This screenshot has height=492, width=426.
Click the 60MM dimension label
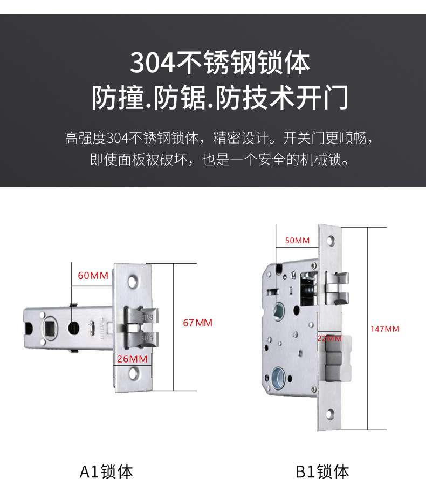[x=93, y=276]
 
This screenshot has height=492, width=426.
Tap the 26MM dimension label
[x=132, y=359]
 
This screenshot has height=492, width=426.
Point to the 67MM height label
[x=198, y=323]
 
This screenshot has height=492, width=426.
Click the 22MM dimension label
[x=329, y=339]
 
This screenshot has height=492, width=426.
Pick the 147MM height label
[x=384, y=329]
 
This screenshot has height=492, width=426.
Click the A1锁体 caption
[x=106, y=472]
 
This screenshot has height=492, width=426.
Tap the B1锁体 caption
[x=322, y=472]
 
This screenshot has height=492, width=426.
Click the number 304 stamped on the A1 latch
[x=147, y=337]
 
